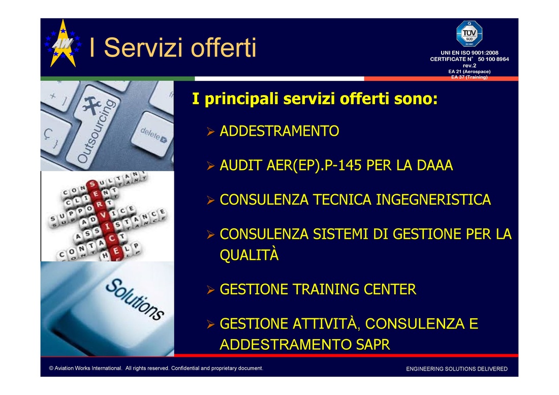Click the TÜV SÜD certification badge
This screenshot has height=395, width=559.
point(469,34)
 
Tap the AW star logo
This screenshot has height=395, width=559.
point(63,44)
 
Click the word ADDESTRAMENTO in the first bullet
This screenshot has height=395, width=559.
point(279,131)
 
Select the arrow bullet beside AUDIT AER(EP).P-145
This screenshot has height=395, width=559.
point(211,166)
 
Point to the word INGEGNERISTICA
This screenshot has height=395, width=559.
point(433,200)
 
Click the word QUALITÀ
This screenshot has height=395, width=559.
point(249,255)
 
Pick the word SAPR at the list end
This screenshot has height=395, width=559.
point(373,344)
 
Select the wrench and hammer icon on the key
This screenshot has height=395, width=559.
point(91,106)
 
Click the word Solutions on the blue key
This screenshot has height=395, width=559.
point(135,299)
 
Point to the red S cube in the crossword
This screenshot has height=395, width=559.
point(92,185)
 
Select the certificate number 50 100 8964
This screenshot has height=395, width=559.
point(493,59)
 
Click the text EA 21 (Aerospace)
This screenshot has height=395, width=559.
point(469,71)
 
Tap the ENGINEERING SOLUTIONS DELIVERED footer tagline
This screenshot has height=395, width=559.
point(457,369)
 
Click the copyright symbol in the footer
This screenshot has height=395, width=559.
point(51,368)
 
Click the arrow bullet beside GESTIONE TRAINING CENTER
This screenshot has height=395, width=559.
point(211,290)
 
